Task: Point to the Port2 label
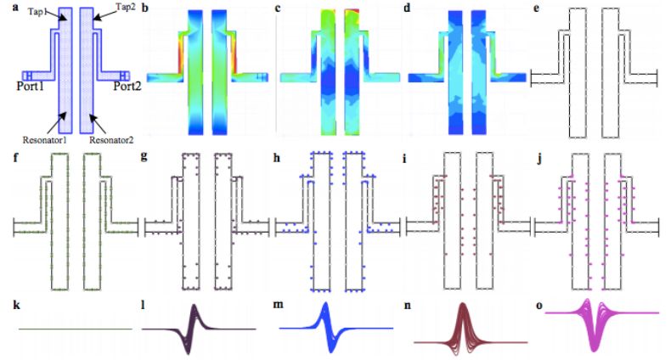[x=118, y=86]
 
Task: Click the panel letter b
[x=144, y=8]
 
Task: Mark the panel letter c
[x=279, y=8]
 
